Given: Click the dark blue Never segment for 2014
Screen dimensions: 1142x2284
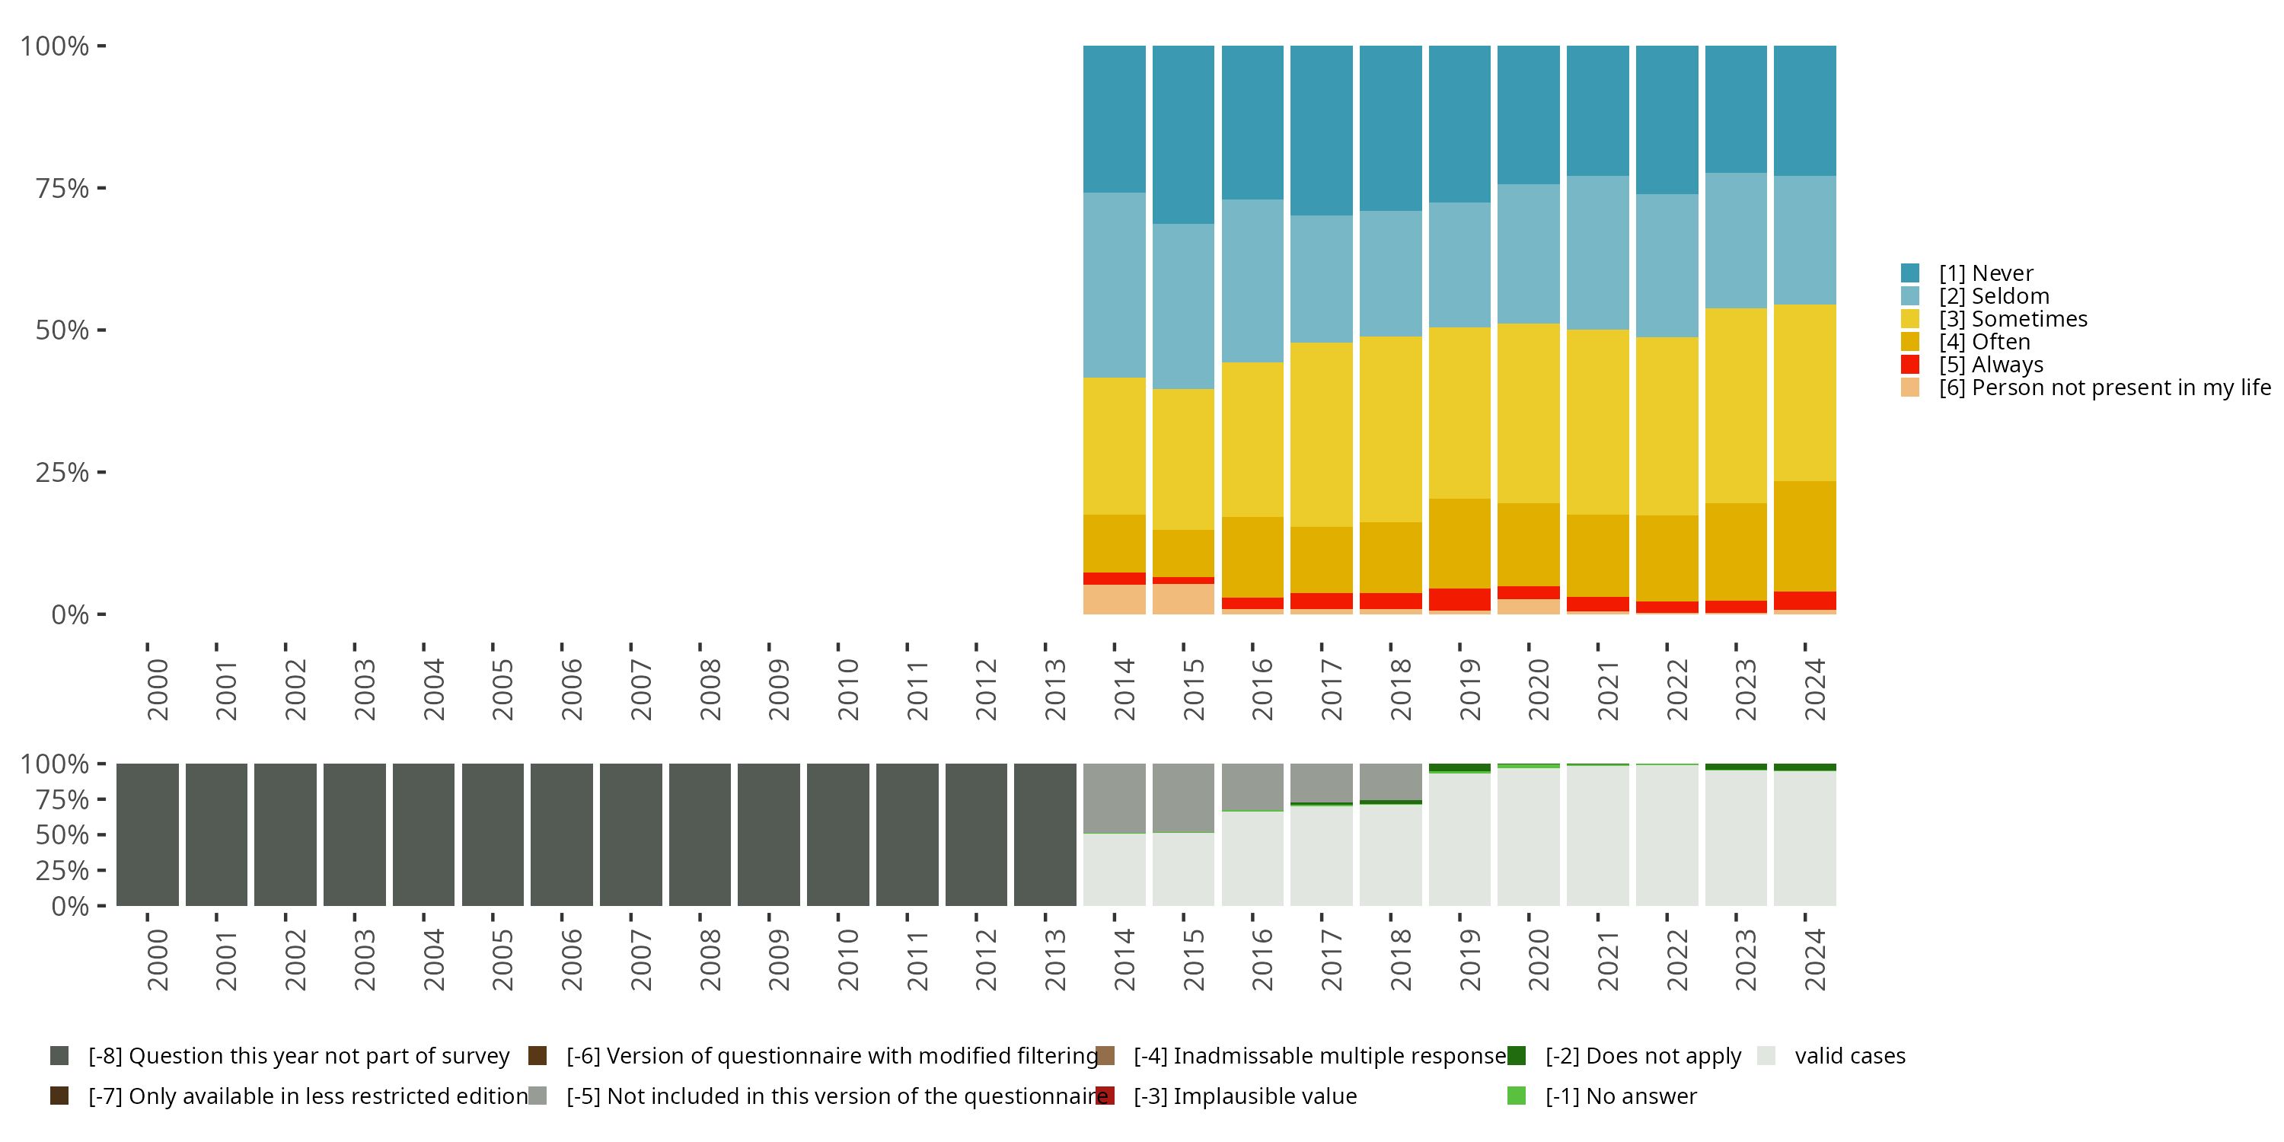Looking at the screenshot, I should point(1114,119).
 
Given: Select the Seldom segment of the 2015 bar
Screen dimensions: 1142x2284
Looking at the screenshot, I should point(1183,306).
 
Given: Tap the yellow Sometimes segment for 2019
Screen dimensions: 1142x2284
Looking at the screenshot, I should point(1459,413).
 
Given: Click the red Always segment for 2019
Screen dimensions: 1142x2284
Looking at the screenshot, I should point(1459,599).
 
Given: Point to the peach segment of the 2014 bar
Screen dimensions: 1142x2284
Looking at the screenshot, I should point(1114,599).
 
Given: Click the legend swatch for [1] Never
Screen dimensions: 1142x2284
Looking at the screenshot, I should point(1910,273).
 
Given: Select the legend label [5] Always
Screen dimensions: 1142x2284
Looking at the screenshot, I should point(1991,365).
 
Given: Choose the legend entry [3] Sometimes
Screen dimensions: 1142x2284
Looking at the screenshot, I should point(2013,319).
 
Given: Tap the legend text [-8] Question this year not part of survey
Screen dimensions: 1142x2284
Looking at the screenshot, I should point(298,1056).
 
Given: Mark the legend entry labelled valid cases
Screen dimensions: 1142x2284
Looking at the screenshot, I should point(1849,1056).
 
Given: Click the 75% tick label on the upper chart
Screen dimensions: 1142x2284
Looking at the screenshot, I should point(62,188).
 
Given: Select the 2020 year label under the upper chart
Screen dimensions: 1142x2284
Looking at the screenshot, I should point(1539,690).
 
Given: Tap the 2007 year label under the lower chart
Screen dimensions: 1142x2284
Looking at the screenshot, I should point(641,960).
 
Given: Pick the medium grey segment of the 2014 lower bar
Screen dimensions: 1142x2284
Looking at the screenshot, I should point(1114,798).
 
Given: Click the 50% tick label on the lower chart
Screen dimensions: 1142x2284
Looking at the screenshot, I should point(62,835).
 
